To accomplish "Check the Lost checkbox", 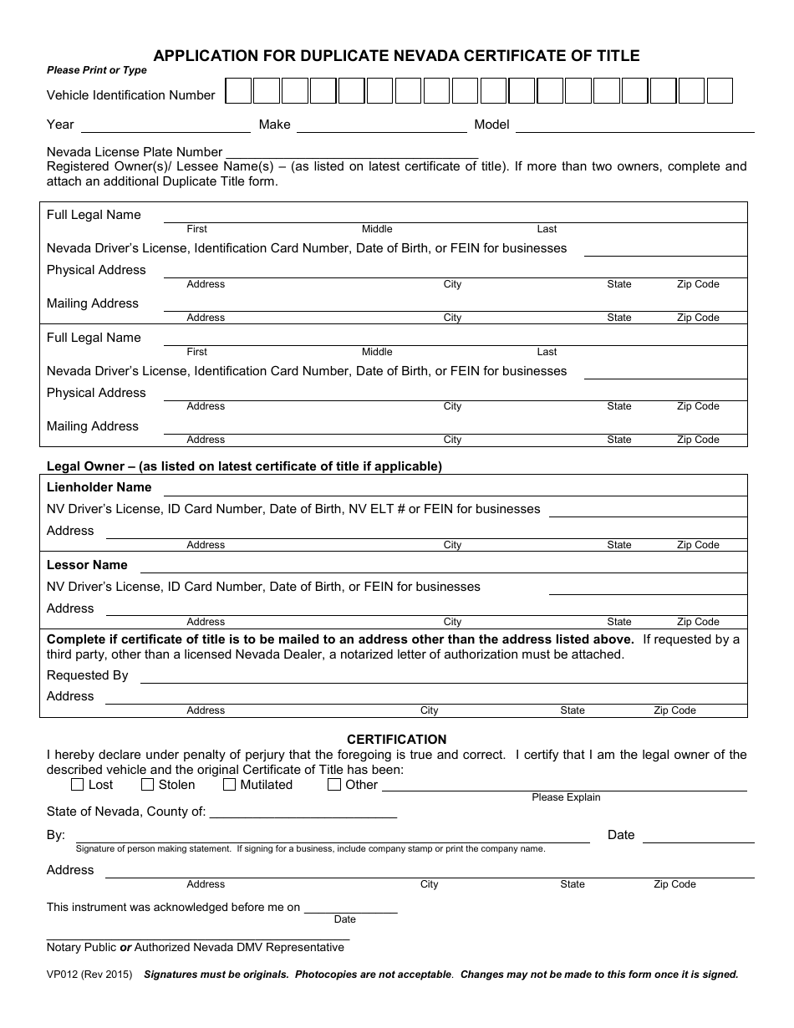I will coord(78,785).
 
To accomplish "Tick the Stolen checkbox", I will coord(147,785).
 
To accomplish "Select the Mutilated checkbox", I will coord(229,785).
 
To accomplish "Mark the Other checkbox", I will coord(334,785).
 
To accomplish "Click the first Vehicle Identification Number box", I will coord(239,91).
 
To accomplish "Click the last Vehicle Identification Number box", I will coord(720,91).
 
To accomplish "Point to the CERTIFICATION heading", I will coord(396,740).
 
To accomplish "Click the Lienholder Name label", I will coord(99,487).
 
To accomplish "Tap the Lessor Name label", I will coord(87,565).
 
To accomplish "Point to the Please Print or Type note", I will coord(96,71).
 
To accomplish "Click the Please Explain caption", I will coord(566,797).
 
